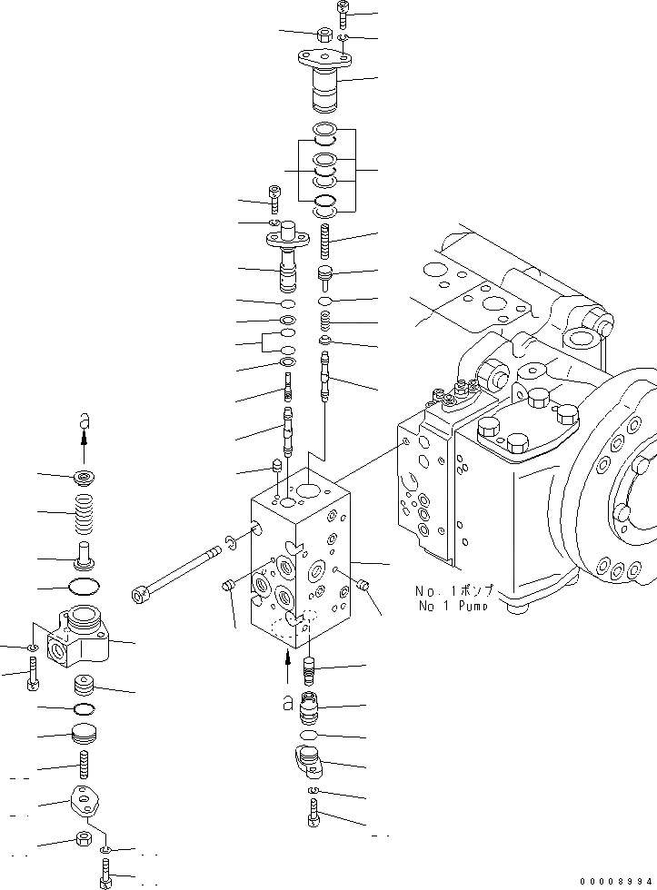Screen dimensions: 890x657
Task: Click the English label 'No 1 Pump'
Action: [452, 606]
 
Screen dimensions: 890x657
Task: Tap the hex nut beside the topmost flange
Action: [324, 35]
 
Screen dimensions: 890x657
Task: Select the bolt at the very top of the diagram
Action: [343, 14]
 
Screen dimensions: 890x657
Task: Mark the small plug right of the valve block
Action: [366, 586]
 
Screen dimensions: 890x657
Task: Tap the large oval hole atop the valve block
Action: [308, 490]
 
